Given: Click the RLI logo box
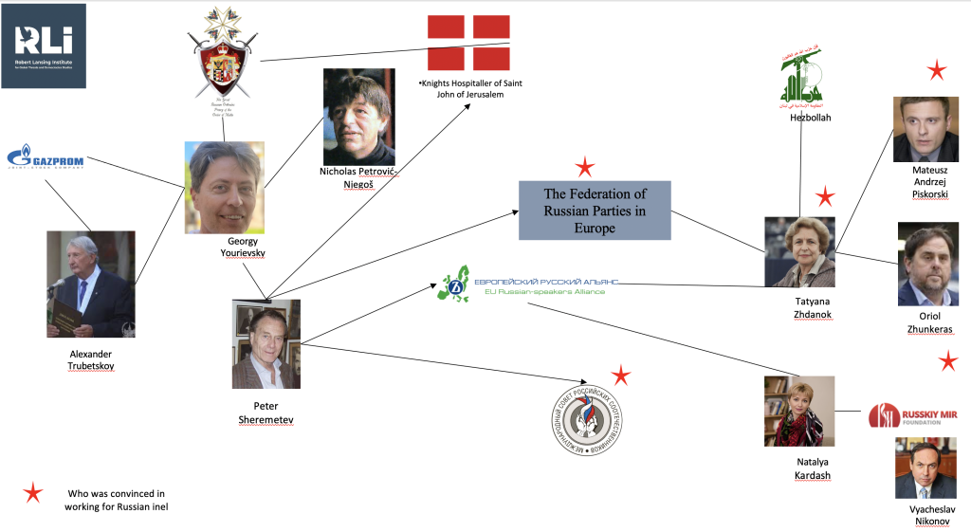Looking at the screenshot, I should pyautogui.click(x=44, y=46).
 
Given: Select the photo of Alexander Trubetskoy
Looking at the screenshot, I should pyautogui.click(x=91, y=284).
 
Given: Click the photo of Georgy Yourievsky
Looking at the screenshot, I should pyautogui.click(x=224, y=187).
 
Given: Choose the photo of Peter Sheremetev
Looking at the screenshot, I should pyautogui.click(x=266, y=343).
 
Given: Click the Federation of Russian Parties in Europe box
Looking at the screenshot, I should pyautogui.click(x=595, y=210).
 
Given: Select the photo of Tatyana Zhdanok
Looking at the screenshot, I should pyautogui.click(x=799, y=251).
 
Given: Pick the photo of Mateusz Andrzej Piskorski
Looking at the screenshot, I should pyautogui.click(x=925, y=129).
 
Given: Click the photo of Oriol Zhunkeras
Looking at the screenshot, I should pyautogui.click(x=927, y=258).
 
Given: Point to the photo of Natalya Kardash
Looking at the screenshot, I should pyautogui.click(x=799, y=411).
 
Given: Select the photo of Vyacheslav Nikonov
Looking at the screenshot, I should pyautogui.click(x=925, y=468).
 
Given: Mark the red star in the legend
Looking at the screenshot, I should pyautogui.click(x=33, y=492).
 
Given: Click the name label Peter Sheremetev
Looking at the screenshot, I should pyautogui.click(x=266, y=413).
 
